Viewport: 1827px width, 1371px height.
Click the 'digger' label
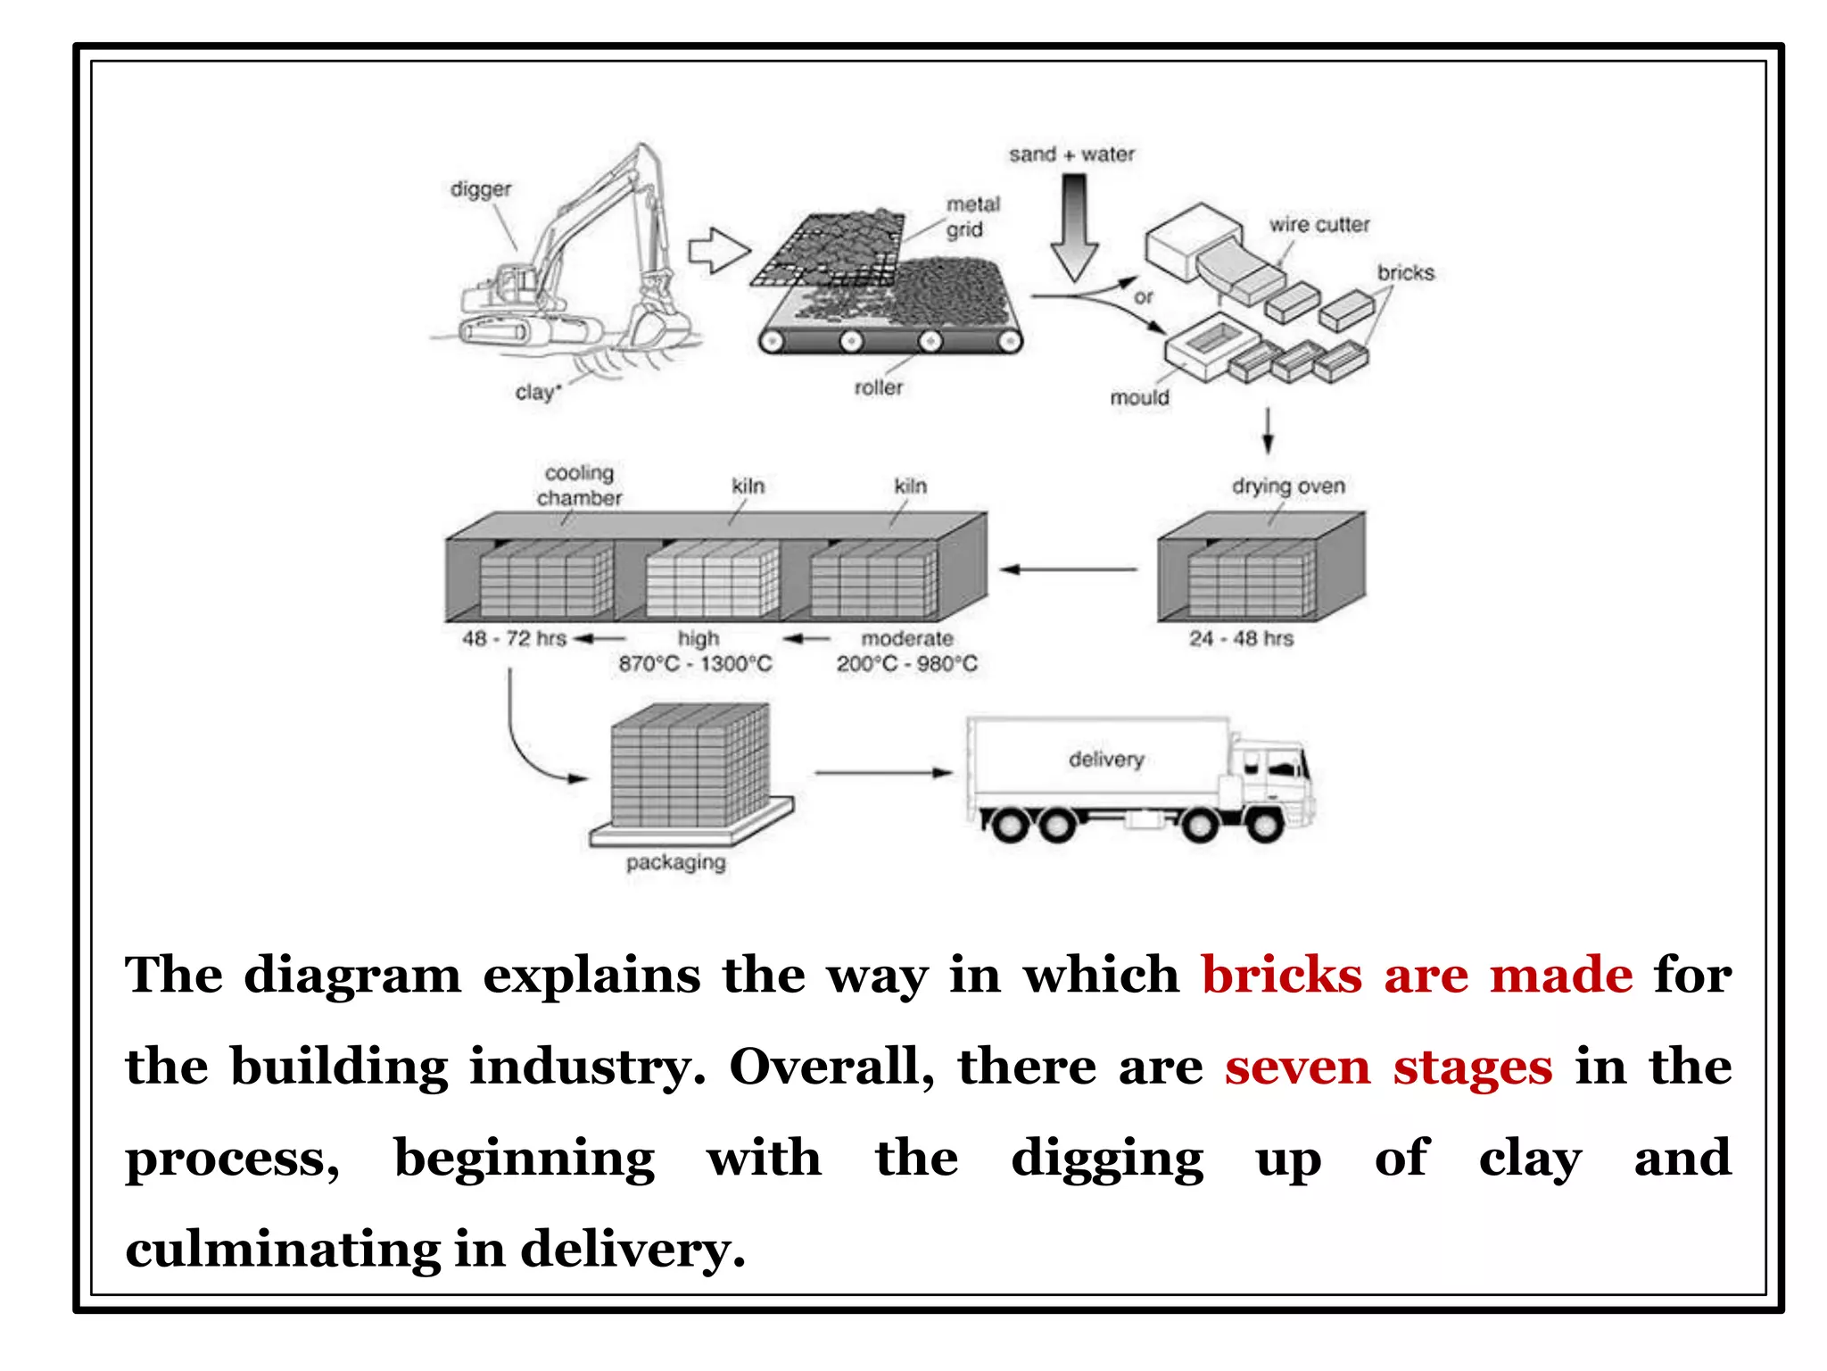click(481, 189)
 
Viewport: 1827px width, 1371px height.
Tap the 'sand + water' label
click(1071, 154)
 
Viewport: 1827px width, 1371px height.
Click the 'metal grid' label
click(972, 217)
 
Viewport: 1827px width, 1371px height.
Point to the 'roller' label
click(878, 387)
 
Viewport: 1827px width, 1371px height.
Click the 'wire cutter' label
click(1319, 225)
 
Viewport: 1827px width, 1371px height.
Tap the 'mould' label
click(1139, 397)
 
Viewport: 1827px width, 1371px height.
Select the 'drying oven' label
click(1287, 486)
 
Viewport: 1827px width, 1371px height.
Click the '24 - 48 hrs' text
click(1240, 638)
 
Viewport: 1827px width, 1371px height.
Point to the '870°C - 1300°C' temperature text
click(695, 664)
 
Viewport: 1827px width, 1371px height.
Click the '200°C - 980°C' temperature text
click(906, 664)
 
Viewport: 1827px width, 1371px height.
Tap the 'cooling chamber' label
click(579, 486)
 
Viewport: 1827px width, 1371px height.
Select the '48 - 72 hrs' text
click(514, 638)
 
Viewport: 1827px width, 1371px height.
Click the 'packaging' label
click(675, 862)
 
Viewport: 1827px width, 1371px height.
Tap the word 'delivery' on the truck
click(1106, 759)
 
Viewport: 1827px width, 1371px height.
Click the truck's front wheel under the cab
click(1264, 825)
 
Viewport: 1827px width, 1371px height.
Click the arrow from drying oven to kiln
click(1068, 569)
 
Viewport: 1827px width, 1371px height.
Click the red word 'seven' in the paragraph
click(1296, 1068)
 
